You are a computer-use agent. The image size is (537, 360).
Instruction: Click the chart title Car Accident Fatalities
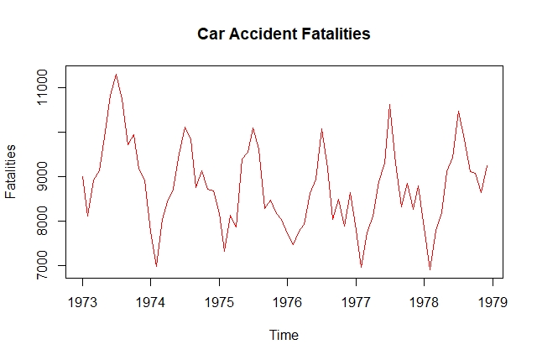pyautogui.click(x=284, y=34)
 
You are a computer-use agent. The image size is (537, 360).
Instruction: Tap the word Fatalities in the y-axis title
pyautogui.click(x=11, y=171)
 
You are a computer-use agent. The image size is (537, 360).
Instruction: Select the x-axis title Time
pyautogui.click(x=284, y=335)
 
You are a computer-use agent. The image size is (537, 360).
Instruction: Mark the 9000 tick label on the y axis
pyautogui.click(x=42, y=176)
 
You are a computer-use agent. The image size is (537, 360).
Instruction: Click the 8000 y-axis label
pyautogui.click(x=42, y=222)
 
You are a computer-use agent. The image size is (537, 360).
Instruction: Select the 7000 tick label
pyautogui.click(x=42, y=266)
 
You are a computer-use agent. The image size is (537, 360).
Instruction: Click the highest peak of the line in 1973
pyautogui.click(x=117, y=75)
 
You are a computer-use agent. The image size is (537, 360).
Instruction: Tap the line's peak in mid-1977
pyautogui.click(x=390, y=105)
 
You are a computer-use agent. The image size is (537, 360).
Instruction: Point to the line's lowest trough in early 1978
pyautogui.click(x=430, y=269)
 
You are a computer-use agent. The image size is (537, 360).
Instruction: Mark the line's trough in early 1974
pyautogui.click(x=156, y=266)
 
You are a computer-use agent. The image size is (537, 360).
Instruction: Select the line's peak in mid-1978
pyautogui.click(x=458, y=112)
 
